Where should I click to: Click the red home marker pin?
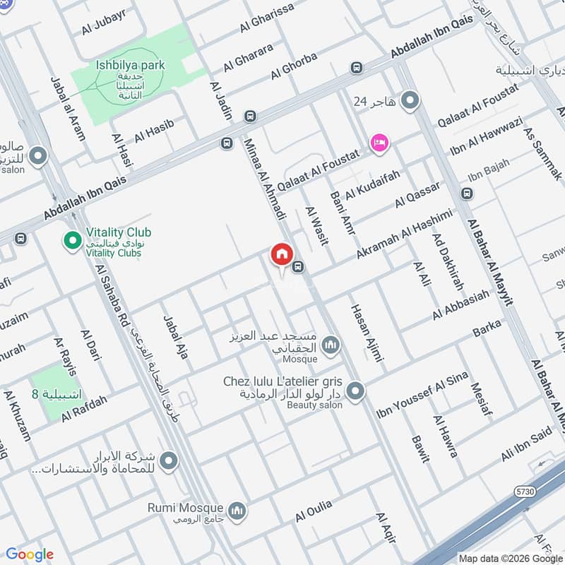coord(282,254)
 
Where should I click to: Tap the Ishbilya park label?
coord(131,65)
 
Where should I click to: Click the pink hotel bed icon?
coord(379,143)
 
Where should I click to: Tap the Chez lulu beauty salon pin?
coord(355,391)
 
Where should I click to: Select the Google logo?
coord(30,554)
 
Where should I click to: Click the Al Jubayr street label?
coord(104,26)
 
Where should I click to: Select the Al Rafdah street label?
coord(84,409)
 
